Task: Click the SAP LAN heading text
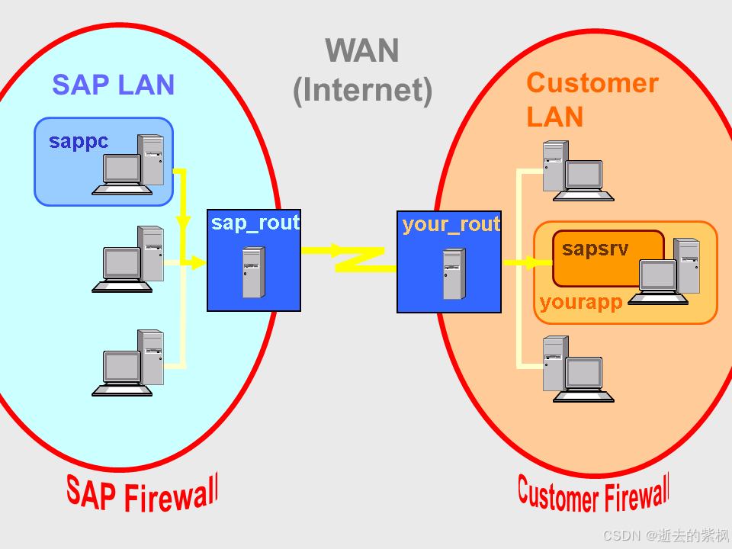click(113, 85)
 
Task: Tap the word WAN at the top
click(362, 51)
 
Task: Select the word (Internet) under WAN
click(362, 89)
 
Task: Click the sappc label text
click(79, 142)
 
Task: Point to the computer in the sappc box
click(130, 164)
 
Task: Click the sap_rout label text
click(255, 223)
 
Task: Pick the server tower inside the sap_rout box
click(253, 272)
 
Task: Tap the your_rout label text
click(450, 224)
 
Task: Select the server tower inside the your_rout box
click(454, 274)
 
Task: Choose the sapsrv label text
click(595, 249)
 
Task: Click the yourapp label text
click(580, 303)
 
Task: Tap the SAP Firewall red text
click(142, 493)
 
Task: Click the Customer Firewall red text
click(593, 494)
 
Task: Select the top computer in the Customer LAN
click(576, 172)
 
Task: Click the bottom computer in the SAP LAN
click(130, 363)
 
